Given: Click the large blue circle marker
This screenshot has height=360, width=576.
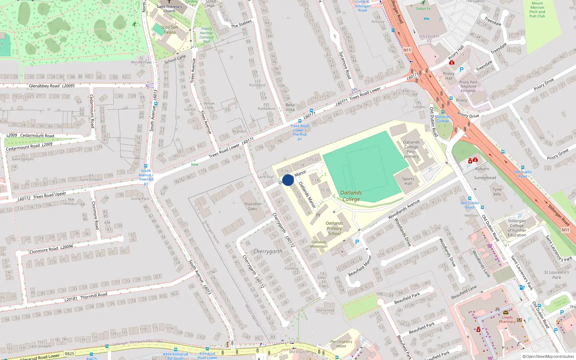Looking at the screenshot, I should click(288, 180).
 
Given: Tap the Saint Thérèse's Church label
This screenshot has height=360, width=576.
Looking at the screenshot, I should click(169, 9).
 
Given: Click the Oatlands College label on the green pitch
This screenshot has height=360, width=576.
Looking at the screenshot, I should click(351, 196).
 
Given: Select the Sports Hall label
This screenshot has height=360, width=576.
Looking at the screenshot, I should click(408, 181).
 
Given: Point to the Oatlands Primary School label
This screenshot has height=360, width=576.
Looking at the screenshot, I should click(334, 229).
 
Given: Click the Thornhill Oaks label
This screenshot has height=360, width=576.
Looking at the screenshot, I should click(252, 206).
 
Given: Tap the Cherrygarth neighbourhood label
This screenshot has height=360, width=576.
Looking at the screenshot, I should click(268, 251).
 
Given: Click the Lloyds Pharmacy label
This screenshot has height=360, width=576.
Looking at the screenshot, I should click(507, 320).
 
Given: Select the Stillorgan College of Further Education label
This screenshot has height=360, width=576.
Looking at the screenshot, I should click(517, 228).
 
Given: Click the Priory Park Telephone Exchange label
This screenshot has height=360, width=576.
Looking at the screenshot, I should click(468, 86).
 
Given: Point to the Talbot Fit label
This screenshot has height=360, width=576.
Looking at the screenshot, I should click(423, 9).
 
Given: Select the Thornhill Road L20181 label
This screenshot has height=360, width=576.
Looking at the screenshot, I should click(86, 297).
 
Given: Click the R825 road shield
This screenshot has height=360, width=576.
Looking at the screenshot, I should click(69, 354).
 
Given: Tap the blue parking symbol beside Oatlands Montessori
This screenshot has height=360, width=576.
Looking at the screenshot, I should click(357, 242).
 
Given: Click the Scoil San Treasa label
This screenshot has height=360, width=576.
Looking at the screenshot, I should click(169, 30).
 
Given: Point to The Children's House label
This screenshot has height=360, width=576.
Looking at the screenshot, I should click(341, 344).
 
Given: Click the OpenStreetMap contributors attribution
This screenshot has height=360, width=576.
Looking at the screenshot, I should click(548, 356).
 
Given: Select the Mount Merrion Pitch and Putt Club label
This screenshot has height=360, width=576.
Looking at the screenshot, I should click(537, 9).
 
